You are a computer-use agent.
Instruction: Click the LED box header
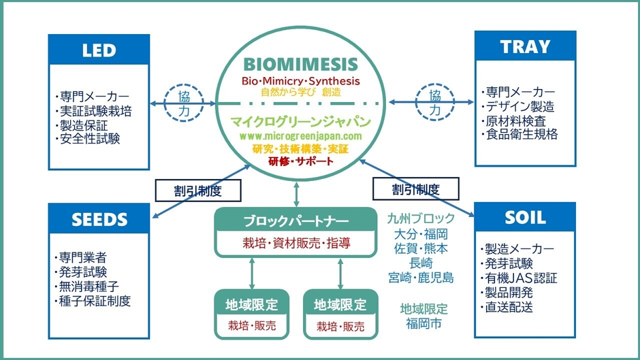coord(99,50)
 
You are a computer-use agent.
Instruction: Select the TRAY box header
coord(524,47)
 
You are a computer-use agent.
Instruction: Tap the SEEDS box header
coord(99,219)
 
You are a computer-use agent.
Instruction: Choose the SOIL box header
coord(524,218)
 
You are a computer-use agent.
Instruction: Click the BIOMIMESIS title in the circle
coord(300,65)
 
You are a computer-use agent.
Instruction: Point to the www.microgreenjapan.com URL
coord(300,136)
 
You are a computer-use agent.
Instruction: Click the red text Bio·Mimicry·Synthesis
coord(300,81)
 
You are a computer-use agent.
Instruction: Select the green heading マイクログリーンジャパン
coord(300,122)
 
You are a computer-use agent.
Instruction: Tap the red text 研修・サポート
coord(300,161)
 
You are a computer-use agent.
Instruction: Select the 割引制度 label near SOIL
coord(415,189)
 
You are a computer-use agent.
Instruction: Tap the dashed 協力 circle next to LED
coord(184,103)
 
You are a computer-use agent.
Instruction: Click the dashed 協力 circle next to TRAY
coord(434,102)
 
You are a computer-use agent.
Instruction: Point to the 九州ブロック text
coord(421,218)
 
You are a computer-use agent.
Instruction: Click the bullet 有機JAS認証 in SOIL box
coord(521,278)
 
